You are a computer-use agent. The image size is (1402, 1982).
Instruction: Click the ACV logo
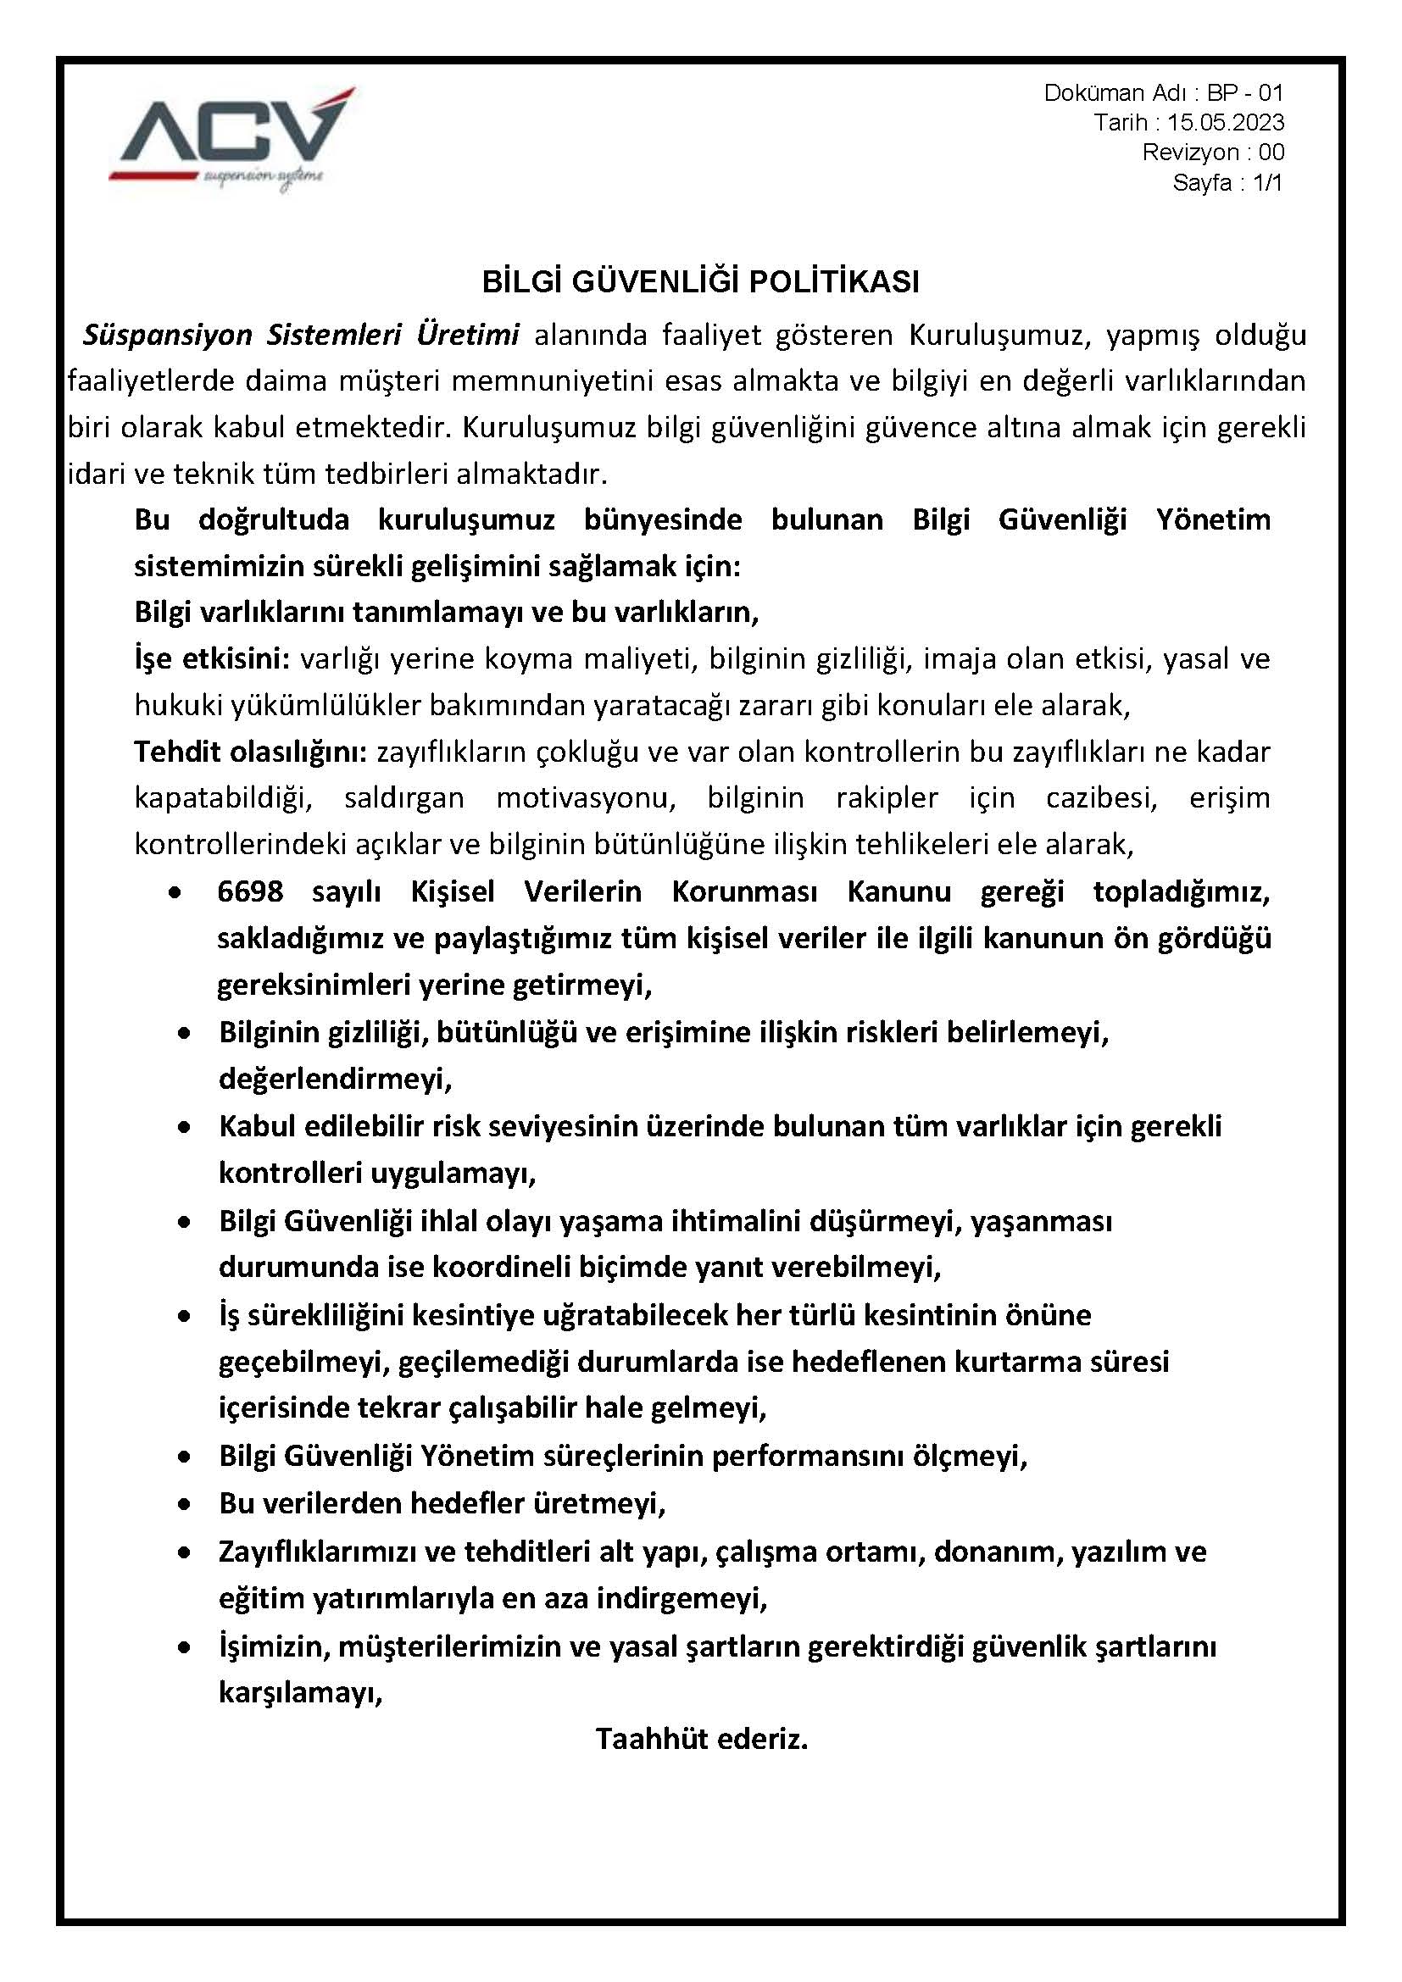click(x=232, y=138)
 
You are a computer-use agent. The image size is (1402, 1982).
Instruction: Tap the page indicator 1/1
click(x=1267, y=183)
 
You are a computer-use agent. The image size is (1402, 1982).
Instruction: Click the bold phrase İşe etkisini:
click(x=212, y=658)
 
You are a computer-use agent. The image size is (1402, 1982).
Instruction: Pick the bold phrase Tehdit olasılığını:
click(x=251, y=752)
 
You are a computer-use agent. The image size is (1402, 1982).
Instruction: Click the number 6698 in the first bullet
click(x=250, y=891)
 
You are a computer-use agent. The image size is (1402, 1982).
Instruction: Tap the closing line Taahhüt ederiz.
click(x=701, y=1737)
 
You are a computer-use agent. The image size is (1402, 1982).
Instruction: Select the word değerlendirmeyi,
click(x=335, y=1079)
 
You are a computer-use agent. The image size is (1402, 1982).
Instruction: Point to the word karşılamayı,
click(x=300, y=1692)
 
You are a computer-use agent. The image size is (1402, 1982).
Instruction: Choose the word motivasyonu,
click(x=587, y=797)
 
